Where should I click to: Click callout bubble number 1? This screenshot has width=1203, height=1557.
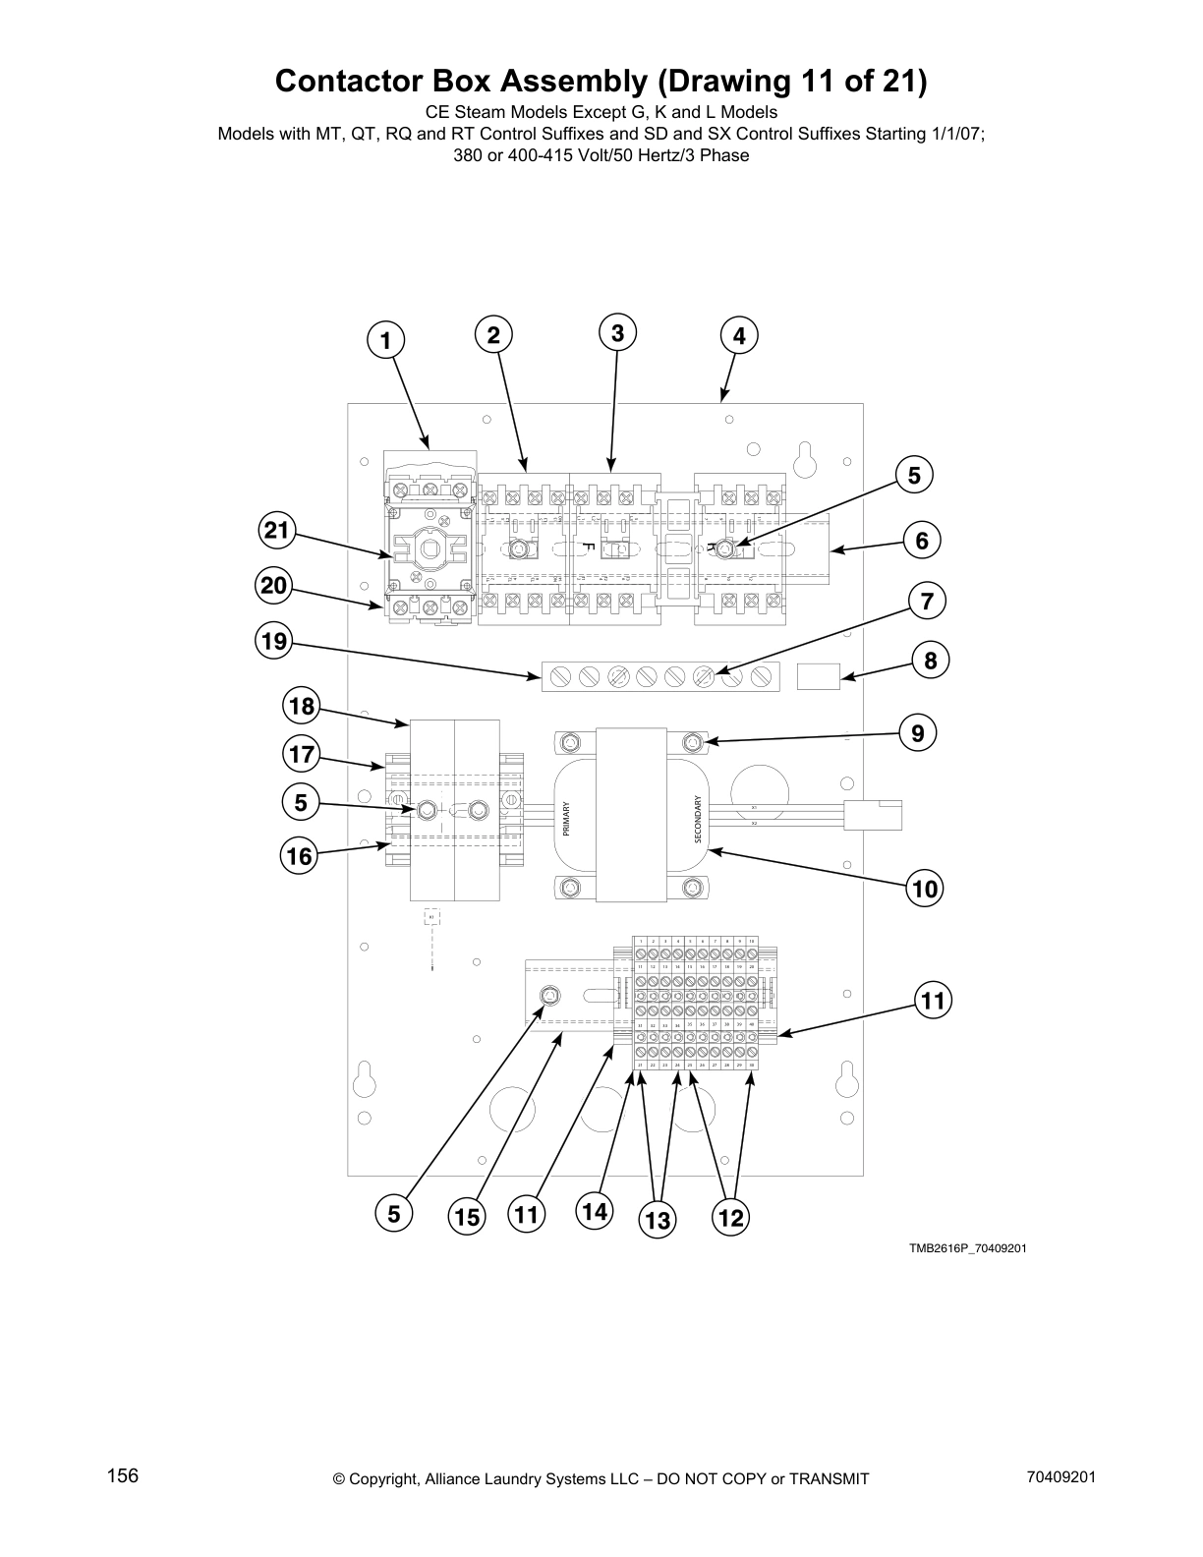coord(385,340)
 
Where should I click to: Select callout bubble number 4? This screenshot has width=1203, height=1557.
coord(739,336)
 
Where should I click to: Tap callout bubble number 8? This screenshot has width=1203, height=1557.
coord(931,661)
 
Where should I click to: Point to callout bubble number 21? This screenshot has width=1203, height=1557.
coord(277,532)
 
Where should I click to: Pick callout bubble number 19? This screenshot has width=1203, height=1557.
coord(274,642)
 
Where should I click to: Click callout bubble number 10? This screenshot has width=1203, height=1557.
coord(924,891)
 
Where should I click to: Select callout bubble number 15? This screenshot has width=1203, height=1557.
coord(467,1218)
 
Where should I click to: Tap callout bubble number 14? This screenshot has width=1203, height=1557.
coord(594,1212)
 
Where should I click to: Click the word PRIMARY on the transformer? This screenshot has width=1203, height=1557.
coord(566,819)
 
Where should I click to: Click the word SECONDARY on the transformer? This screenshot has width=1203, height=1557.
coord(698,818)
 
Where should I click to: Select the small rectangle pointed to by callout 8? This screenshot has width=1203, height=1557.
coord(818,676)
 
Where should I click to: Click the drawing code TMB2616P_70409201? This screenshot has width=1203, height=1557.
coord(967,1248)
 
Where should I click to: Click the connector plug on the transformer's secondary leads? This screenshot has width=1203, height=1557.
coord(874,816)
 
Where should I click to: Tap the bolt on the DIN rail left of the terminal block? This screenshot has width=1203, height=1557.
coord(549,998)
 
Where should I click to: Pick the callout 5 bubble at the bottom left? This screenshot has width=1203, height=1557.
coord(393,1214)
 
